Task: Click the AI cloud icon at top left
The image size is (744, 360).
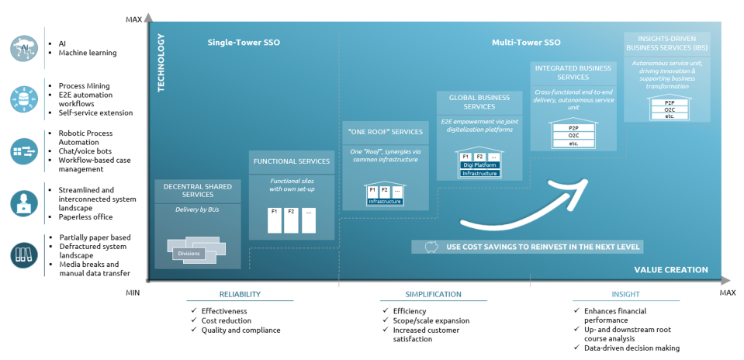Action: [x=23, y=48]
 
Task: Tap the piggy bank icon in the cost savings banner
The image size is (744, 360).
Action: [x=431, y=247]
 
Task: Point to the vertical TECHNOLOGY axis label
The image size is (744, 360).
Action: [x=161, y=62]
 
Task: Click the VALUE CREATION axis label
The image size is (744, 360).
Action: [x=670, y=270]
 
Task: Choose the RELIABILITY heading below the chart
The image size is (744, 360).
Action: [x=239, y=294]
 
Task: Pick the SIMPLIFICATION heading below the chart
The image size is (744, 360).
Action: [x=433, y=294]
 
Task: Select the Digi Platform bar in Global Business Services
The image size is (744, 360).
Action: [x=479, y=165]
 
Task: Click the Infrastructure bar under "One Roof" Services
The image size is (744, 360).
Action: [x=386, y=201]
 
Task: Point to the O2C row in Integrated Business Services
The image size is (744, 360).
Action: [x=573, y=136]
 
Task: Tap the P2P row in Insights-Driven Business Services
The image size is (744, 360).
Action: [x=670, y=102]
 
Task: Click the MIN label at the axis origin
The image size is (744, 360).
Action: [x=133, y=292]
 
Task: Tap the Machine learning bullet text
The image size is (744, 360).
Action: [x=88, y=53]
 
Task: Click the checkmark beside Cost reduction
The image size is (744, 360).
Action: [x=194, y=320]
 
